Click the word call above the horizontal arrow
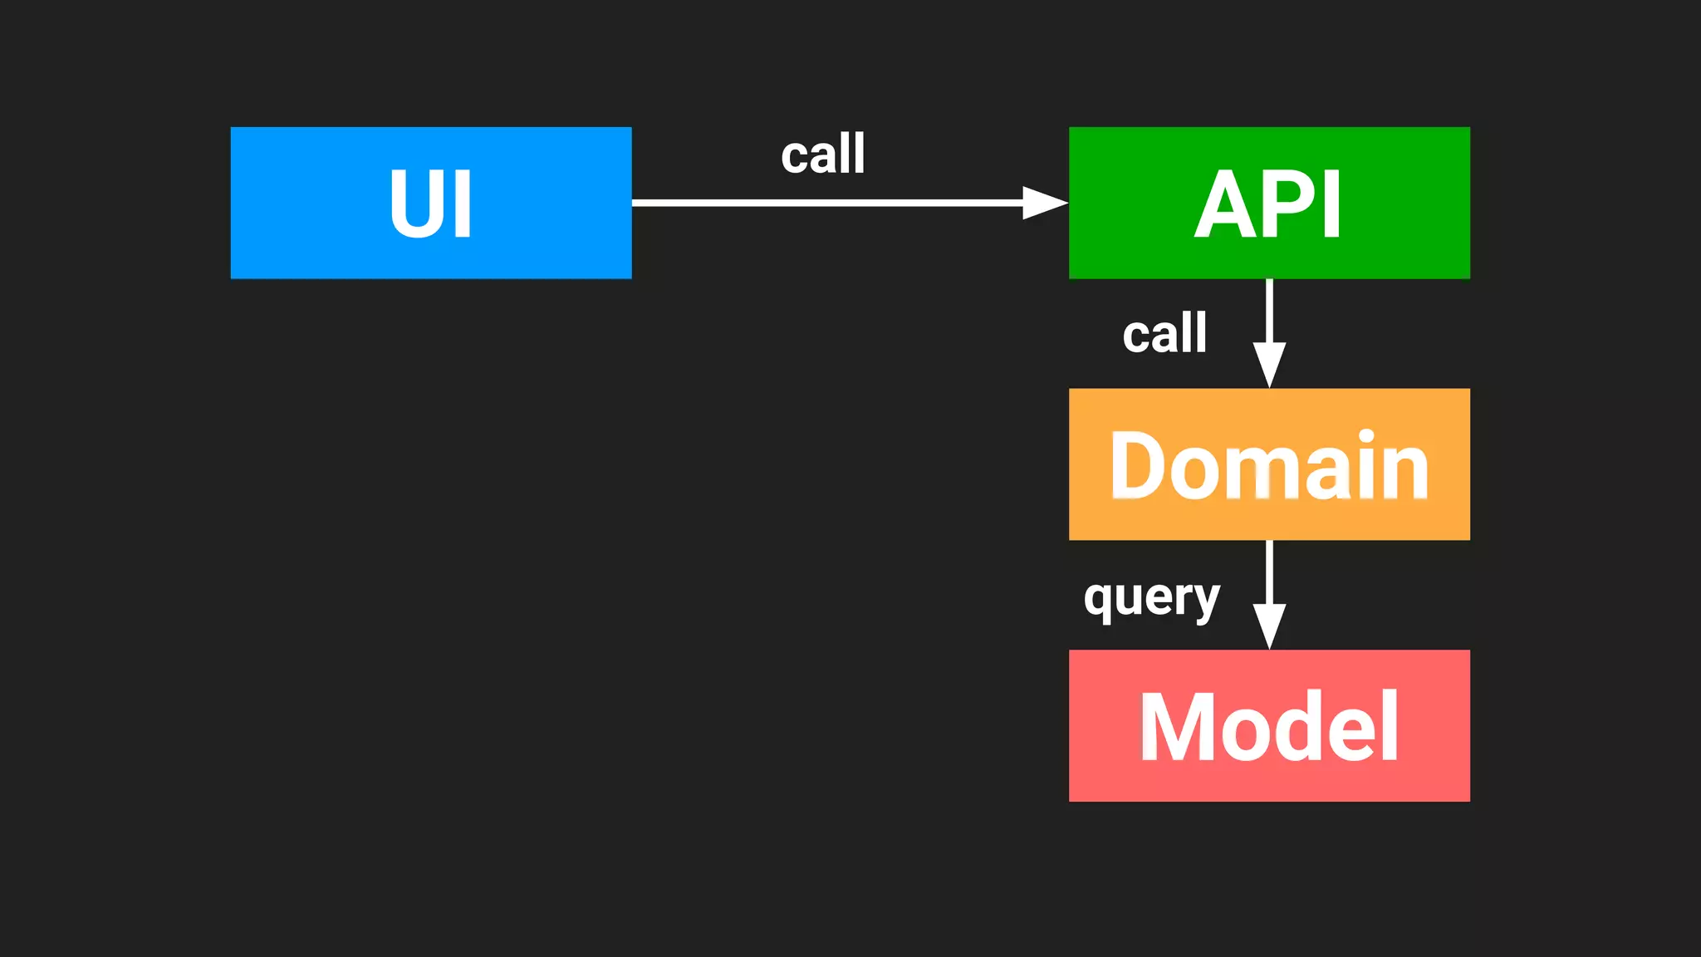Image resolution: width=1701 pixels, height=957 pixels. pos(822,155)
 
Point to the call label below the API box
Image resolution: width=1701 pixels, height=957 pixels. pos(1164,334)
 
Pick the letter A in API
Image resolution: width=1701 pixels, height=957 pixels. pos(1228,204)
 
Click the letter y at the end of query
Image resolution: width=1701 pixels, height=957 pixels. pos(1204,601)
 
